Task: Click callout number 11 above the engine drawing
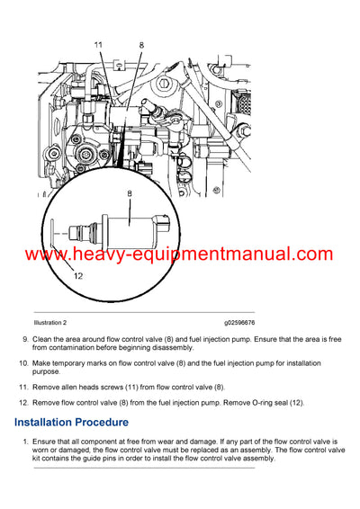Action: tap(99, 43)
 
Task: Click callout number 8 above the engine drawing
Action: tap(140, 43)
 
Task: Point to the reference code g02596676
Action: tap(239, 321)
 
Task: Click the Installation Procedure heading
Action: tap(71, 422)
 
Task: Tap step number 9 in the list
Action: tap(23, 339)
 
